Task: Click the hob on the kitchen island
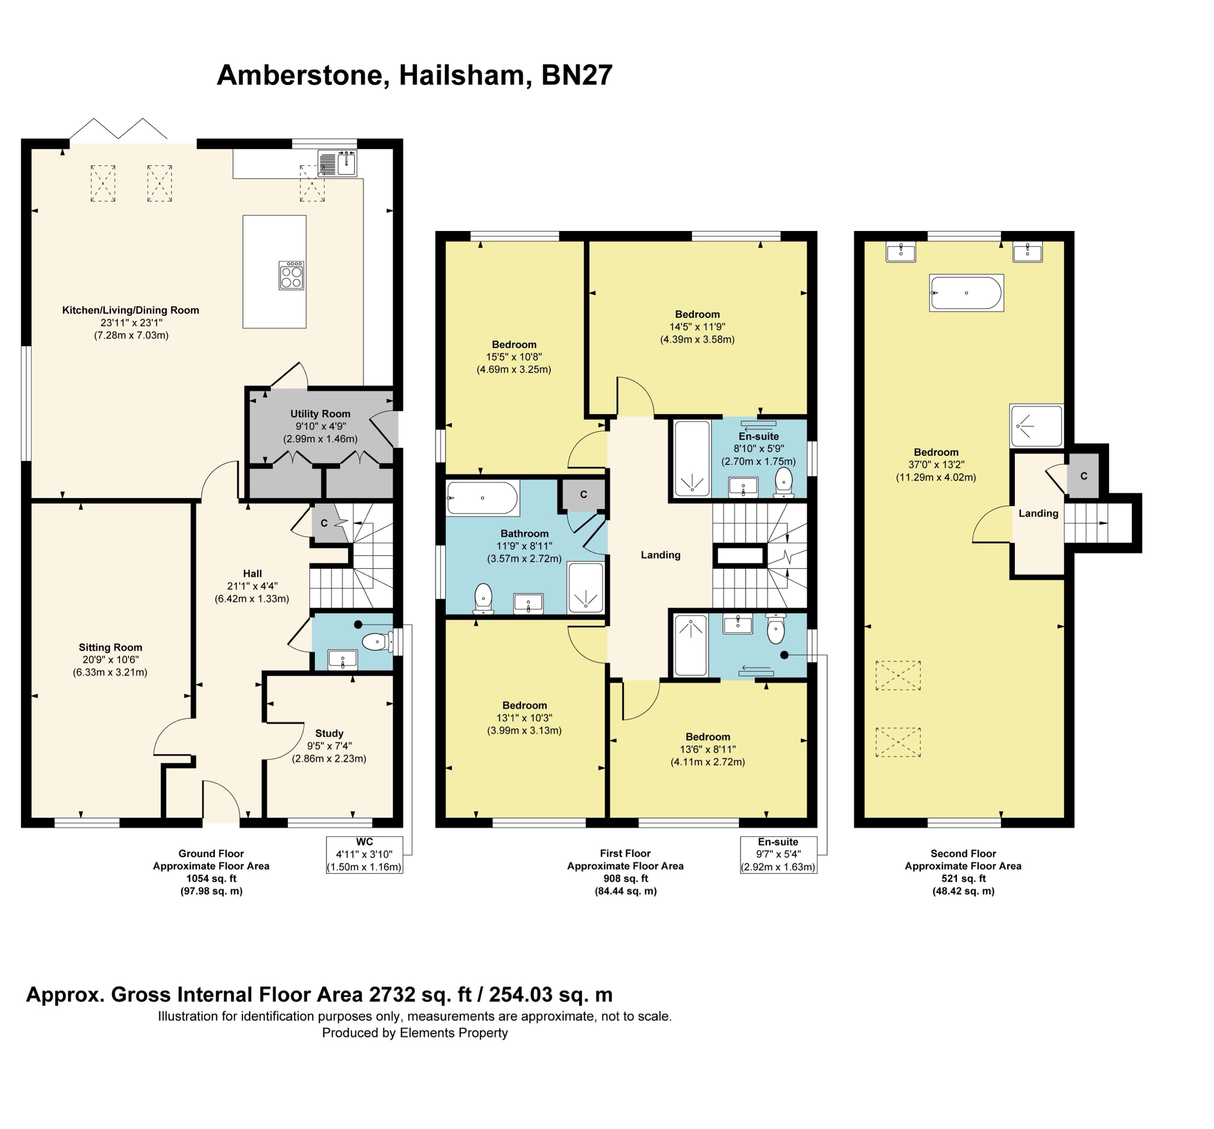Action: [x=292, y=275]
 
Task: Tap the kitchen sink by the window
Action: [x=338, y=163]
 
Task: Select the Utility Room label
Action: [x=320, y=414]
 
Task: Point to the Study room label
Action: [x=329, y=733]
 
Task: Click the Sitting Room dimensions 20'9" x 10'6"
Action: [x=111, y=660]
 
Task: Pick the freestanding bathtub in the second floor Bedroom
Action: [x=966, y=293]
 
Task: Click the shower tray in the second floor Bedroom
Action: [x=1036, y=425]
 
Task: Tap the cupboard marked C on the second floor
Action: [x=1083, y=476]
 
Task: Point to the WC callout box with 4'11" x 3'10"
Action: [x=365, y=855]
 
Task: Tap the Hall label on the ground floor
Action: [x=252, y=573]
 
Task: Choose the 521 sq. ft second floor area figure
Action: [x=963, y=879]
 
